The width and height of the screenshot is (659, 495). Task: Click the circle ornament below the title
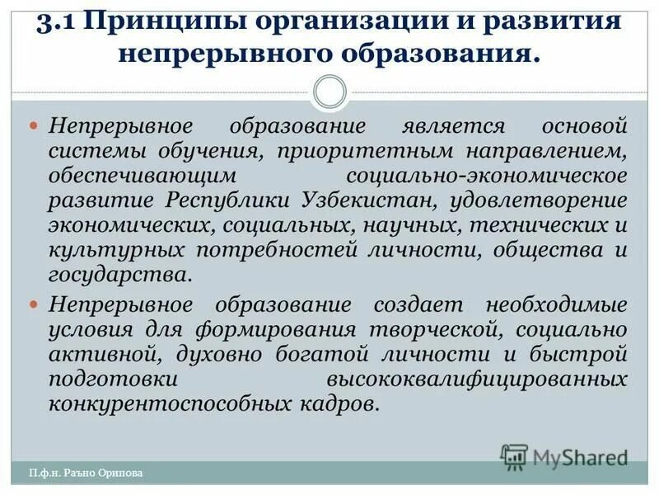point(330,91)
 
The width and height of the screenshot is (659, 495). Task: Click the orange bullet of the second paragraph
point(34,304)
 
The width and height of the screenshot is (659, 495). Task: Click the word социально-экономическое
point(487,177)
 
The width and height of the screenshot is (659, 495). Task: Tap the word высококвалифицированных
point(477,379)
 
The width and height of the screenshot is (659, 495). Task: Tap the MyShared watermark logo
point(564,455)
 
